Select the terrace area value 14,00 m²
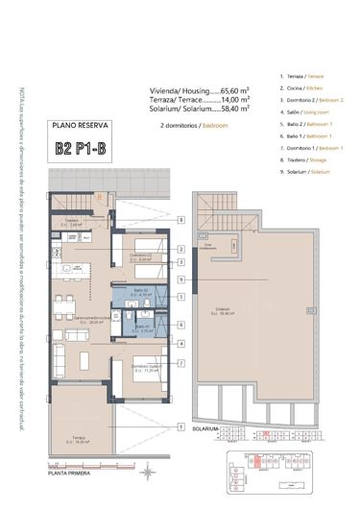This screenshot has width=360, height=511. [x=234, y=98]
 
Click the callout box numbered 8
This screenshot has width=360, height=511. [x=180, y=220]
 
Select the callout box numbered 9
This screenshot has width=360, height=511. [x=180, y=278]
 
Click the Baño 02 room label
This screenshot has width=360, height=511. [x=141, y=292]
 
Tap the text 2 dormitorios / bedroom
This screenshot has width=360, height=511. [x=195, y=126]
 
